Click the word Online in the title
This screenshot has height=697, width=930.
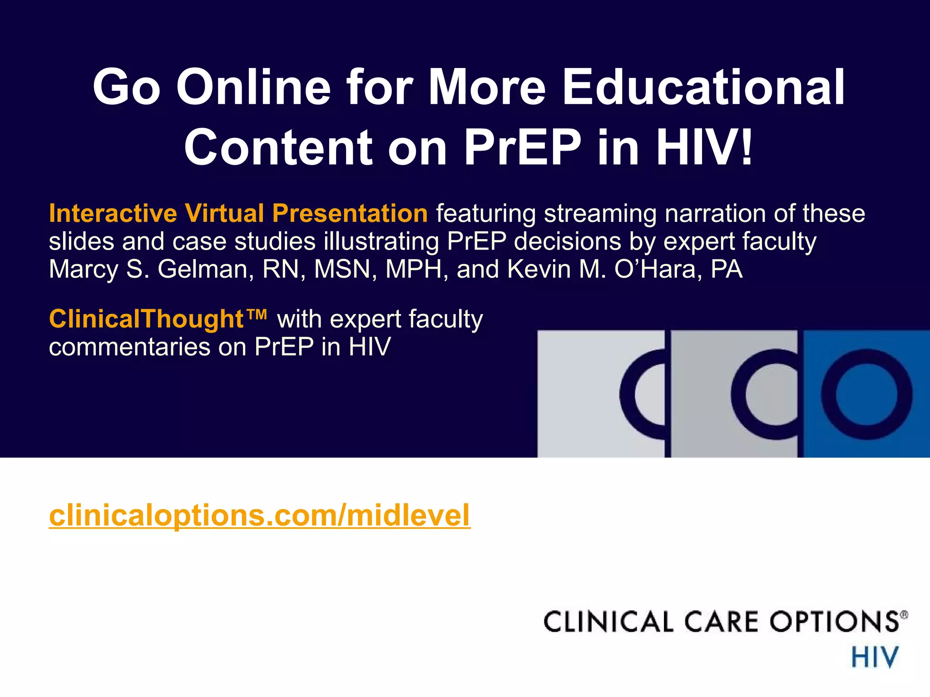[x=253, y=87]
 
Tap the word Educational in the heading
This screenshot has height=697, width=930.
[x=703, y=87]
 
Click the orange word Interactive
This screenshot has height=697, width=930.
[x=113, y=213]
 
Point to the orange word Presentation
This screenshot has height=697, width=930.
[x=350, y=213]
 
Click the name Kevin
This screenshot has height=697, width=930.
[x=539, y=269]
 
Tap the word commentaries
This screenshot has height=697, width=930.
[x=129, y=347]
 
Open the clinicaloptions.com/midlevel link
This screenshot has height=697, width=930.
[x=259, y=515]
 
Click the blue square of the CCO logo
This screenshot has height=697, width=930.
[x=866, y=394]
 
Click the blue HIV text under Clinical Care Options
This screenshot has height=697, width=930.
[x=874, y=658]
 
